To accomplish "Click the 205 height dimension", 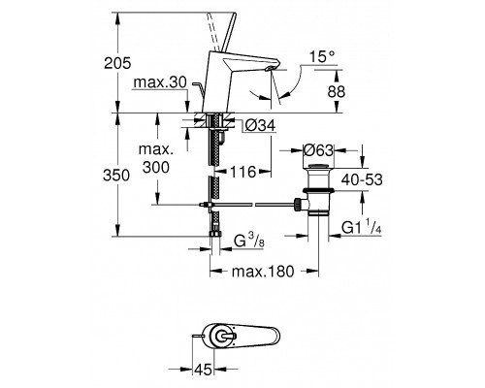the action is [x=117, y=63].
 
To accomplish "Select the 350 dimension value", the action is [x=116, y=176].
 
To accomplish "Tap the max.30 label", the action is [x=160, y=82].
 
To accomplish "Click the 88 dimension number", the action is [x=337, y=92].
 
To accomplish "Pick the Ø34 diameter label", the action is [x=260, y=125].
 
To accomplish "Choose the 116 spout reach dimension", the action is [x=242, y=172].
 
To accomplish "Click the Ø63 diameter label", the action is [x=318, y=150].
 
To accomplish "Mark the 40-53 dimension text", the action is [x=362, y=179].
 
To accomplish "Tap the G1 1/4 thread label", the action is [x=362, y=227].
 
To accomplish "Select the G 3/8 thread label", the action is [x=249, y=242].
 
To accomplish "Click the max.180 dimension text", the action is [x=263, y=272].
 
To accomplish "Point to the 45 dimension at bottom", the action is [x=203, y=369].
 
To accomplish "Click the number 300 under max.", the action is [x=156, y=168].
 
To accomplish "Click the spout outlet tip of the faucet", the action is [x=270, y=68].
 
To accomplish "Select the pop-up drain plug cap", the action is [x=319, y=167].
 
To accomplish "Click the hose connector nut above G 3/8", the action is [x=215, y=233].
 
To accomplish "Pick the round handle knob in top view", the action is [x=222, y=337].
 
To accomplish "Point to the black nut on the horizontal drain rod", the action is [x=297, y=205].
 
